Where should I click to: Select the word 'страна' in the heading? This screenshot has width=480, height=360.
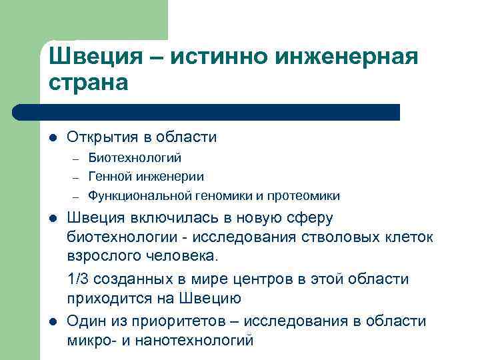(x=87, y=85)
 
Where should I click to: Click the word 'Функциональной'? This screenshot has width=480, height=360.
(x=140, y=196)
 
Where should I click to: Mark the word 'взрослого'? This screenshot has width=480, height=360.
(x=100, y=255)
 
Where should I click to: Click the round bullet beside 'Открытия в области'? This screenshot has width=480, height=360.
(x=53, y=138)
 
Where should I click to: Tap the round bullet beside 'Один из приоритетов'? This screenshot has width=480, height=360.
(x=53, y=322)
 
